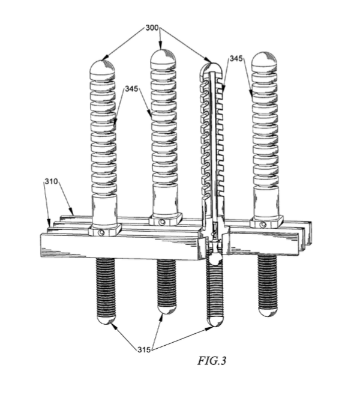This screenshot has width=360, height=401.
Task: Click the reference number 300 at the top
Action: click(x=152, y=28)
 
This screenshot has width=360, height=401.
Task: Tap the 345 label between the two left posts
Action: click(x=131, y=89)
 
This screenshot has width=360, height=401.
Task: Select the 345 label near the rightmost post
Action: click(x=236, y=59)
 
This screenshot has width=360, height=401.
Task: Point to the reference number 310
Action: click(x=52, y=181)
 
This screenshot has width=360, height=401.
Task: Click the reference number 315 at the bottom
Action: click(x=144, y=349)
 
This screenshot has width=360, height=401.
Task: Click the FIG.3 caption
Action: click(x=212, y=361)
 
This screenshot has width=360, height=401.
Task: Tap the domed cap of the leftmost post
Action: click(x=102, y=67)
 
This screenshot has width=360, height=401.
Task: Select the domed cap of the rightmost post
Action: click(x=265, y=59)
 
